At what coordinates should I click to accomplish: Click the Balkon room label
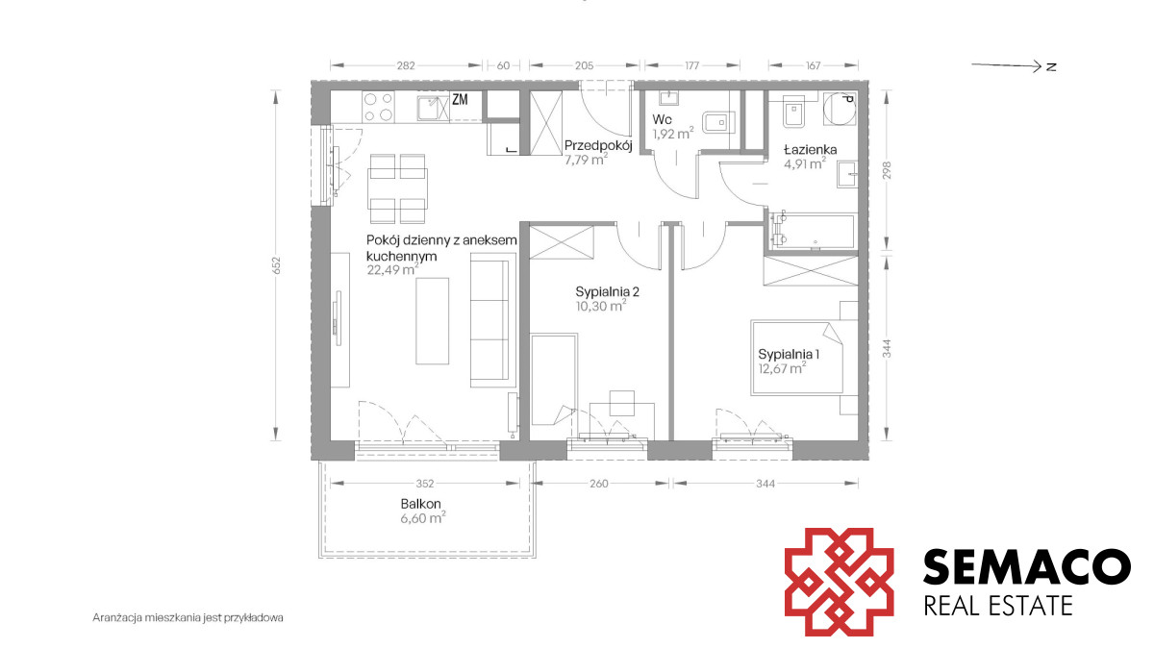[420, 504]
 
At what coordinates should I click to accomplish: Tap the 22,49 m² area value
[392, 270]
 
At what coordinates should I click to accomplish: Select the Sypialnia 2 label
[607, 292]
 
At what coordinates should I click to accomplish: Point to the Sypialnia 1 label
[789, 355]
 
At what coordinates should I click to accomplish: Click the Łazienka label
[811, 150]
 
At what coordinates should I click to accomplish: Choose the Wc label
[662, 119]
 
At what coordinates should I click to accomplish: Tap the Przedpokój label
[598, 146]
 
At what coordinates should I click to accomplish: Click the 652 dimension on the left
[277, 265]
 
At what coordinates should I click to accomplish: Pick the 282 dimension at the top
[406, 65]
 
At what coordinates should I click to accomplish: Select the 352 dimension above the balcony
[425, 484]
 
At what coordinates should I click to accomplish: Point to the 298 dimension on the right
[887, 170]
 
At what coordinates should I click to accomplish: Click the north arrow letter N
[1051, 67]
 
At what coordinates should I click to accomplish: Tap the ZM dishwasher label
[460, 99]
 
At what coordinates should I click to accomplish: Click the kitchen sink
[433, 108]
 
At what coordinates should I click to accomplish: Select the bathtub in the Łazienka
[812, 232]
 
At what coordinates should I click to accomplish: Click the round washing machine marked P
[840, 109]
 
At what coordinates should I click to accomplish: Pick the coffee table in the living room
[432, 321]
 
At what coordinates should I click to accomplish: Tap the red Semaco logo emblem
[839, 582]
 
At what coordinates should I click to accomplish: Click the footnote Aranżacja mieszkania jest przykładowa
[188, 617]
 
